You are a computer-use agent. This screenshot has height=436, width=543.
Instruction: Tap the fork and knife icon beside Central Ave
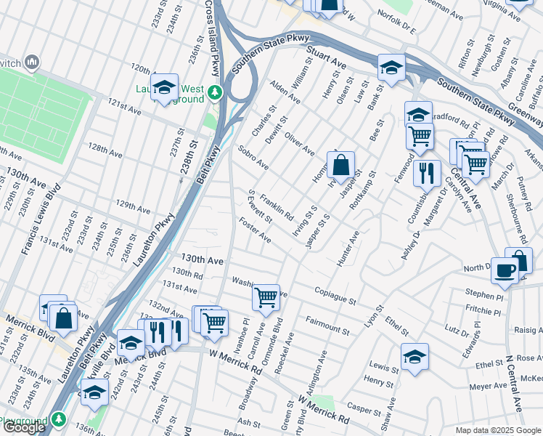(x=427, y=173)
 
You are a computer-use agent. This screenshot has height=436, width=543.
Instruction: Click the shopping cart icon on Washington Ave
(x=266, y=296)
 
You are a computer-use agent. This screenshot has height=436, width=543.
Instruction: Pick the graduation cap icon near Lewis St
(x=415, y=357)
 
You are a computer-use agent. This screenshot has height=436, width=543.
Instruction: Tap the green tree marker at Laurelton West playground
(x=214, y=93)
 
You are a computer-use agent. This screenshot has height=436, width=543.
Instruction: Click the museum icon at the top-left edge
(x=31, y=63)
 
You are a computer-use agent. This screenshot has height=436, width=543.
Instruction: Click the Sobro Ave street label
(x=253, y=157)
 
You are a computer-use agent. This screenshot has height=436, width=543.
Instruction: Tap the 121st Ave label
(x=125, y=107)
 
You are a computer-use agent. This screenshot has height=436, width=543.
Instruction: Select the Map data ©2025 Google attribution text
(x=498, y=430)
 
